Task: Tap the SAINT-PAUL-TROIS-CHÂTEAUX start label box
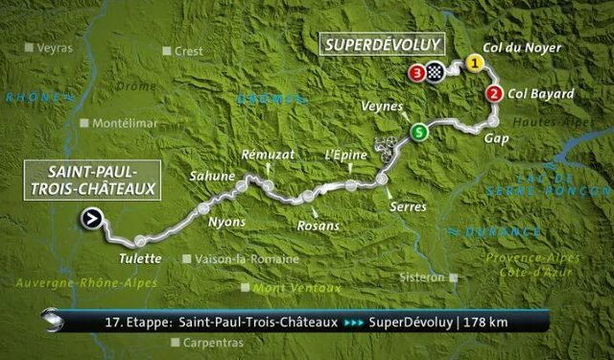tap(90, 180)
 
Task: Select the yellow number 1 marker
tap(473, 63)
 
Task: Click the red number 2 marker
tap(494, 93)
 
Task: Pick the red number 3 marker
tap(415, 72)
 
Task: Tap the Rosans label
tap(319, 226)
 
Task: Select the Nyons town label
tap(227, 222)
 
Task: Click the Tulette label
tap(141, 259)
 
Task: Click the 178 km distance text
tap(484, 322)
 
